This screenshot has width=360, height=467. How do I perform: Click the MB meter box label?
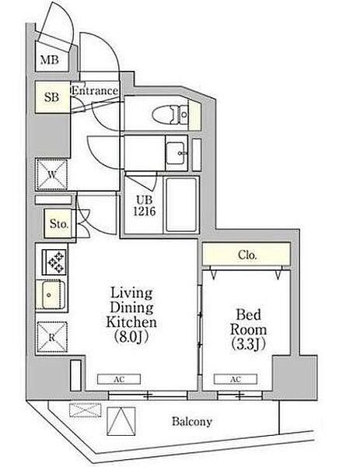point(50,60)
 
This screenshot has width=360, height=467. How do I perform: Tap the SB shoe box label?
point(52,97)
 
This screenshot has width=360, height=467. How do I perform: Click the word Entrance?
point(95,90)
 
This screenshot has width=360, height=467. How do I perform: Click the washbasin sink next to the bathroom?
point(175,153)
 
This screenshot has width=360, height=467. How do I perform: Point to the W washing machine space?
point(52,174)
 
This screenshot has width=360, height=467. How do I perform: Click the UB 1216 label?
point(145,205)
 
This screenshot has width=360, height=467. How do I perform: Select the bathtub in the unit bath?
point(181,205)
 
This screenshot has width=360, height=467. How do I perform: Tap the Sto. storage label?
point(59,223)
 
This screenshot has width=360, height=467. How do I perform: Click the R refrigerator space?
point(52,338)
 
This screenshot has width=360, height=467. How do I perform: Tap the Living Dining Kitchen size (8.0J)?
point(131,337)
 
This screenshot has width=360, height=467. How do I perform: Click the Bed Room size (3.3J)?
point(248,344)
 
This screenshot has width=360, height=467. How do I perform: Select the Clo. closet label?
point(247,255)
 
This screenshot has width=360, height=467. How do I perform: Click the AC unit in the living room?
point(119,379)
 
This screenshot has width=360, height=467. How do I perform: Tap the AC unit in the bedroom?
point(236,379)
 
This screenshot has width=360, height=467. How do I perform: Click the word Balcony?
point(192,421)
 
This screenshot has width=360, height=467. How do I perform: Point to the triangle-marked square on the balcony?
point(121,421)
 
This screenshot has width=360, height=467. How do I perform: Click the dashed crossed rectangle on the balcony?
point(85,410)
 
